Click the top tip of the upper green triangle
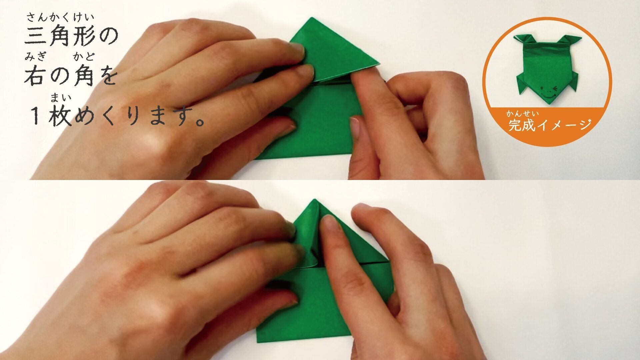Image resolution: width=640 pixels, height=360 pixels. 312,18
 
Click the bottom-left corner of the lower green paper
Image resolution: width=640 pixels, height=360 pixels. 257,342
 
